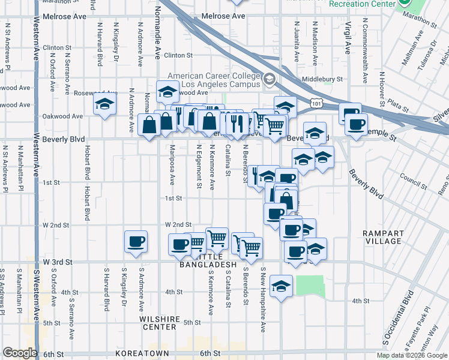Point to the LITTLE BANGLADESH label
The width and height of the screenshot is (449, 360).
(x=207, y=264)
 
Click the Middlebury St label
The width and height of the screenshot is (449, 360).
(x=322, y=79)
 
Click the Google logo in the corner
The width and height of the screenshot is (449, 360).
(x=20, y=353)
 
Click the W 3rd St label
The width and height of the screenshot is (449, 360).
(x=58, y=262)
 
